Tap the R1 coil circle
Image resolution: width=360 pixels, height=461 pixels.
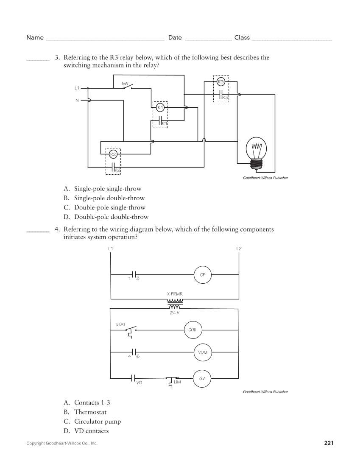click(160, 108)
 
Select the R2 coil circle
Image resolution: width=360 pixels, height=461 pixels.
click(113, 154)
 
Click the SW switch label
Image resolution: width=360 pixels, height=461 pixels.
click(125, 84)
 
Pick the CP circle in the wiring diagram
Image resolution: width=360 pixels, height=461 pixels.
click(202, 275)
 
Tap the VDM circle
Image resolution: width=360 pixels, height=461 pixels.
click(202, 353)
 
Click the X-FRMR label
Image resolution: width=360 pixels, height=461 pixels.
click(174, 293)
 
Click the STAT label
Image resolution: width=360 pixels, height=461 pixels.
click(120, 324)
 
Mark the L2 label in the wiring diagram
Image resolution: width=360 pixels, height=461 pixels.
click(239, 248)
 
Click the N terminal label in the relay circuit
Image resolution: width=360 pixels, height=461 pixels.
click(77, 100)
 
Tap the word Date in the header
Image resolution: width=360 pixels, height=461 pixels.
click(175, 38)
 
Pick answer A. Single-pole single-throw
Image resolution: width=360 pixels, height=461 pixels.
click(102, 189)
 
